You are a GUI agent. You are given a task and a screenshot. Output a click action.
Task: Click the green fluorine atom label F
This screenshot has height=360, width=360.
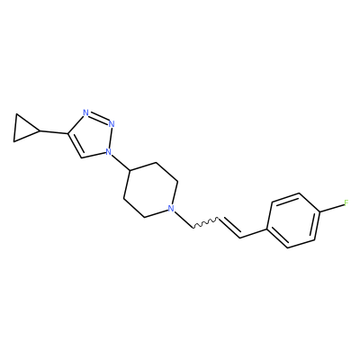pos(346,203)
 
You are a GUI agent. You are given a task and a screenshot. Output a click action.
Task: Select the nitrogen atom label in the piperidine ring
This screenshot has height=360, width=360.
pos(171,208)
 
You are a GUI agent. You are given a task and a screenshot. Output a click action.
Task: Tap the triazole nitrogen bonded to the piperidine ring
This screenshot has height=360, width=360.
pos(108,152)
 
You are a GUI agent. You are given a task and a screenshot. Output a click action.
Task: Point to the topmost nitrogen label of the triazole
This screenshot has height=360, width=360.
pos(85,113)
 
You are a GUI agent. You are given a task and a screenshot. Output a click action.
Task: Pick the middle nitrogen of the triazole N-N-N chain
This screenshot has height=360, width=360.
pos(112,123)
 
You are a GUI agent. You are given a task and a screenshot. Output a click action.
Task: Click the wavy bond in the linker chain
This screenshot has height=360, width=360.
pos(205,223)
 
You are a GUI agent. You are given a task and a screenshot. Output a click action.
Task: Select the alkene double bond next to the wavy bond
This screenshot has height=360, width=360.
pos(229,229)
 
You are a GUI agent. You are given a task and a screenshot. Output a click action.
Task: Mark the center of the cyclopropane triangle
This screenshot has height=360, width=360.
pos(22,128)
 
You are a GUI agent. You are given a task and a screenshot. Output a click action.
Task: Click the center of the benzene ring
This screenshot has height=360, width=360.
pos(293,220)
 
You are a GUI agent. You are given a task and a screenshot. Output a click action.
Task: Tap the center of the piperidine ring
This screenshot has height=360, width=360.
pos(150,190)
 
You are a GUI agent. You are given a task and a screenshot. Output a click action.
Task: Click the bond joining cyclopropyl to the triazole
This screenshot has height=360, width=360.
pos(54,132)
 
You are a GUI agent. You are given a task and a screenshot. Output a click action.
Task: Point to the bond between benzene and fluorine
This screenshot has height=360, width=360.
pos(332,208)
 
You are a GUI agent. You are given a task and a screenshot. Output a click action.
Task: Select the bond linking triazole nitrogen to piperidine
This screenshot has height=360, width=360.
pos(121,163)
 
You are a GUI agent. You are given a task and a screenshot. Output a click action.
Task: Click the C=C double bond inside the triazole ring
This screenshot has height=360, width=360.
pos(76,145)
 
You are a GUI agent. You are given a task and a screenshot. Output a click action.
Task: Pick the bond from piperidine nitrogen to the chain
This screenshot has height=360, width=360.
pos(184,220)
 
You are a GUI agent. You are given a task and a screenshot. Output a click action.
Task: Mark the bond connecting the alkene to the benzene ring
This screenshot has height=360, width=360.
pos(254,234)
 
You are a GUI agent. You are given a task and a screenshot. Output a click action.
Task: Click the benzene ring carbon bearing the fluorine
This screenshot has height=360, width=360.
pos(319,212)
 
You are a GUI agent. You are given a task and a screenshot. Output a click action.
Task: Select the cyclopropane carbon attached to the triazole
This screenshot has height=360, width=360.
pos(40,131)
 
